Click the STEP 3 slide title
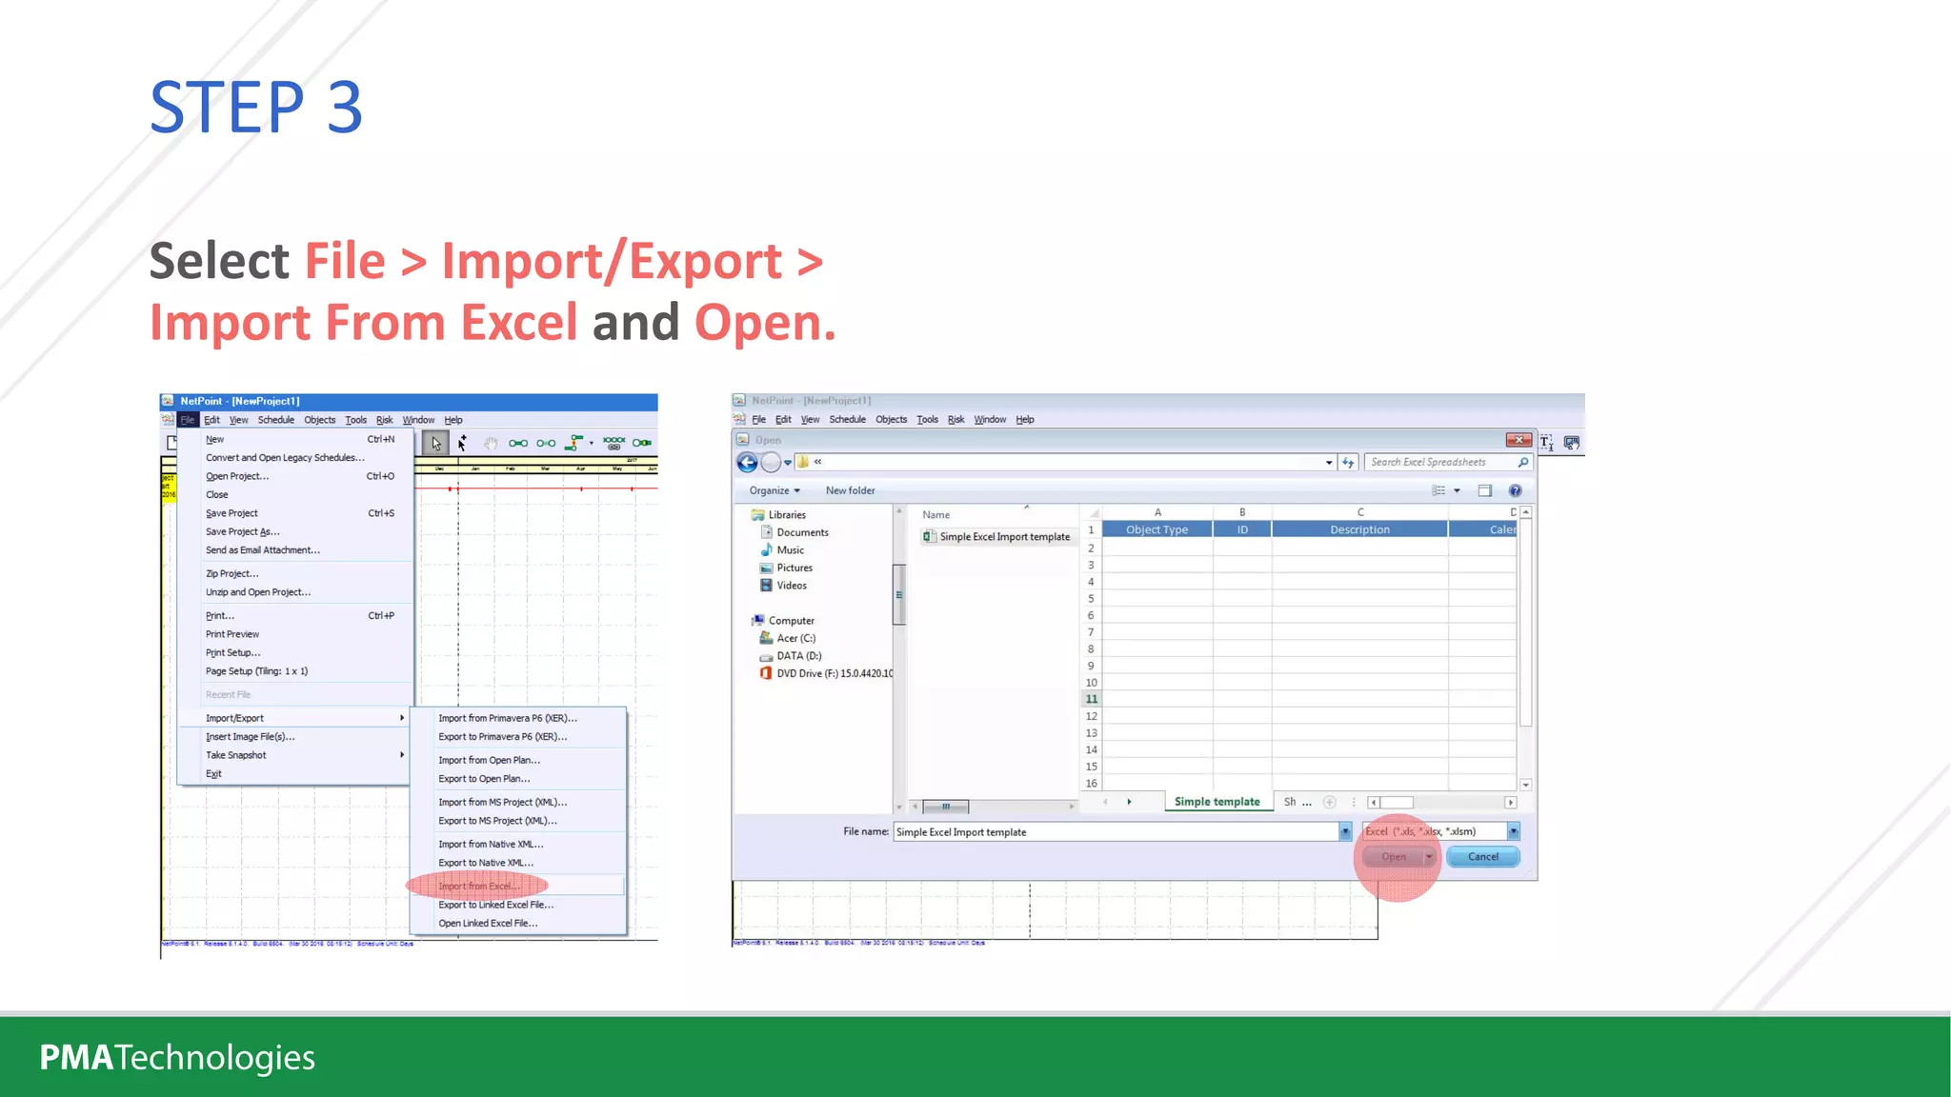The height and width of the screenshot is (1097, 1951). pyautogui.click(x=256, y=107)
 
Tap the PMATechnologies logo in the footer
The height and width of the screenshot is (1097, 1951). pyautogui.click(x=177, y=1057)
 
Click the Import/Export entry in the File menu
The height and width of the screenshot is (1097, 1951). pyautogui.click(x=234, y=718)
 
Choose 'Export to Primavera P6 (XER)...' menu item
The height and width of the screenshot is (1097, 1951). pyautogui.click(x=502, y=737)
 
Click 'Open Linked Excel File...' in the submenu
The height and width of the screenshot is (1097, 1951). pyautogui.click(x=488, y=924)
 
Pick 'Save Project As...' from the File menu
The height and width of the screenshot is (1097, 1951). pyautogui.click(x=242, y=532)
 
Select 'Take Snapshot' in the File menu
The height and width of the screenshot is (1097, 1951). pyautogui.click(x=236, y=755)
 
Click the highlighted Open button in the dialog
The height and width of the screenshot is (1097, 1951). pyautogui.click(x=1394, y=857)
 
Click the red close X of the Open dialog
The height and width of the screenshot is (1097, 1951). pyautogui.click(x=1519, y=440)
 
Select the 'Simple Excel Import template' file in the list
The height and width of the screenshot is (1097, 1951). pyautogui.click(x=1004, y=537)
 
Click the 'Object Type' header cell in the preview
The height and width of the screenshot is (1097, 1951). pyautogui.click(x=1157, y=529)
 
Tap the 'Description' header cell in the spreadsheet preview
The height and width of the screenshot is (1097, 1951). pyautogui.click(x=1359, y=529)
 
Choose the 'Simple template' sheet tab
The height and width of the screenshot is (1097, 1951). pyautogui.click(x=1217, y=802)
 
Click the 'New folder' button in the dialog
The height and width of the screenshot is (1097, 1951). pyautogui.click(x=850, y=490)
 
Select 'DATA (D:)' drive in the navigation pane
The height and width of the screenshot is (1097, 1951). pyautogui.click(x=798, y=656)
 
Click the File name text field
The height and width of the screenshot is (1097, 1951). pyautogui.click(x=1115, y=832)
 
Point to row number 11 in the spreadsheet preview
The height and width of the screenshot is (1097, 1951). pyautogui.click(x=1092, y=699)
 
